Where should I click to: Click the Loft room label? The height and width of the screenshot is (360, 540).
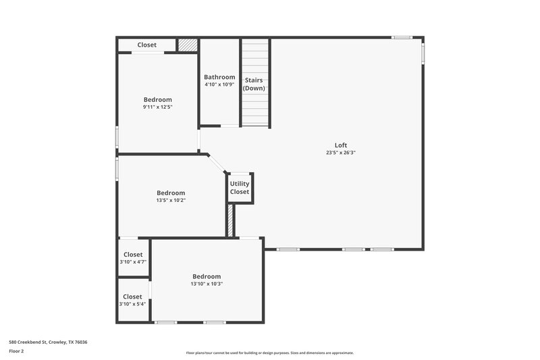click(342, 145)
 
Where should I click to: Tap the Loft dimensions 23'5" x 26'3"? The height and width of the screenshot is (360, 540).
click(341, 153)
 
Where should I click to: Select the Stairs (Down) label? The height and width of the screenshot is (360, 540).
click(254, 84)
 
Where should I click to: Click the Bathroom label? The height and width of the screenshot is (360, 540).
click(219, 77)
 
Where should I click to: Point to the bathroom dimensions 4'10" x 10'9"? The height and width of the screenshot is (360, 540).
click(219, 84)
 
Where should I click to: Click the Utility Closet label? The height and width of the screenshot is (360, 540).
click(240, 188)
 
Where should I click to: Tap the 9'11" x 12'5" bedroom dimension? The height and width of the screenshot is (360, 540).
click(157, 107)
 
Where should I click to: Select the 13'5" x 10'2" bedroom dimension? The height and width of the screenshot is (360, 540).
click(171, 200)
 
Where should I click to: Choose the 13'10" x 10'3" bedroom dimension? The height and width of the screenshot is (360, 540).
click(207, 284)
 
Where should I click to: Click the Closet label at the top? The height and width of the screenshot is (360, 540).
click(147, 45)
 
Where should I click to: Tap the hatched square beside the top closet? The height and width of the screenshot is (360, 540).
click(188, 45)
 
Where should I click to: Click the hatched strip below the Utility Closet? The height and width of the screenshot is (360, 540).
click(230, 220)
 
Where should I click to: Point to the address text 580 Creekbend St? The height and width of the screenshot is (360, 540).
click(48, 342)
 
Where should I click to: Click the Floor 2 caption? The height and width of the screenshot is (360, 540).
click(17, 351)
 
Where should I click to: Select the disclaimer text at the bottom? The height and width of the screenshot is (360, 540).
click(269, 353)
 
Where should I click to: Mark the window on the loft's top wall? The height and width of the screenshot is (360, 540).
click(402, 37)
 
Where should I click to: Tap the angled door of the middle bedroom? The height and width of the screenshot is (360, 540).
click(216, 164)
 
